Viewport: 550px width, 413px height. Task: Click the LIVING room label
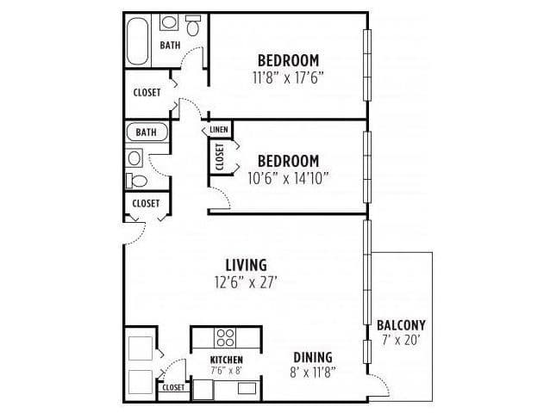click(x=247, y=264)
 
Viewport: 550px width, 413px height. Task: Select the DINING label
click(x=313, y=357)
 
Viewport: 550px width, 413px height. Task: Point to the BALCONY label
click(x=402, y=324)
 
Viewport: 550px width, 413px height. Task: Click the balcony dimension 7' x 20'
click(x=402, y=339)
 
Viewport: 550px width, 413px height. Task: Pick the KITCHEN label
click(x=227, y=360)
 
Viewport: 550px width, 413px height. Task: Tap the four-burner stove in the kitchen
click(x=226, y=336)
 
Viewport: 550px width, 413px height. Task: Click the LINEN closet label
click(x=218, y=130)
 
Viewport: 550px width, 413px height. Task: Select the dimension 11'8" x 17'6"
click(x=289, y=77)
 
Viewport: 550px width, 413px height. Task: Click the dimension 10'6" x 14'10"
click(x=289, y=178)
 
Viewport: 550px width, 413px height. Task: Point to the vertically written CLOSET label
click(x=219, y=157)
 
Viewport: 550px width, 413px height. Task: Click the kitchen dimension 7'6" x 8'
click(x=227, y=370)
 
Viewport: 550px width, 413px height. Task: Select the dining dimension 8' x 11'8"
click(x=313, y=372)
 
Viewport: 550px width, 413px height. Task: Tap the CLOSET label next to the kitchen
click(x=173, y=388)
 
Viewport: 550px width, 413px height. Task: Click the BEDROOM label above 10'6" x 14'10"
click(x=289, y=161)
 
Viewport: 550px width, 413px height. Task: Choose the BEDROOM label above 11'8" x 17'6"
click(x=289, y=60)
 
